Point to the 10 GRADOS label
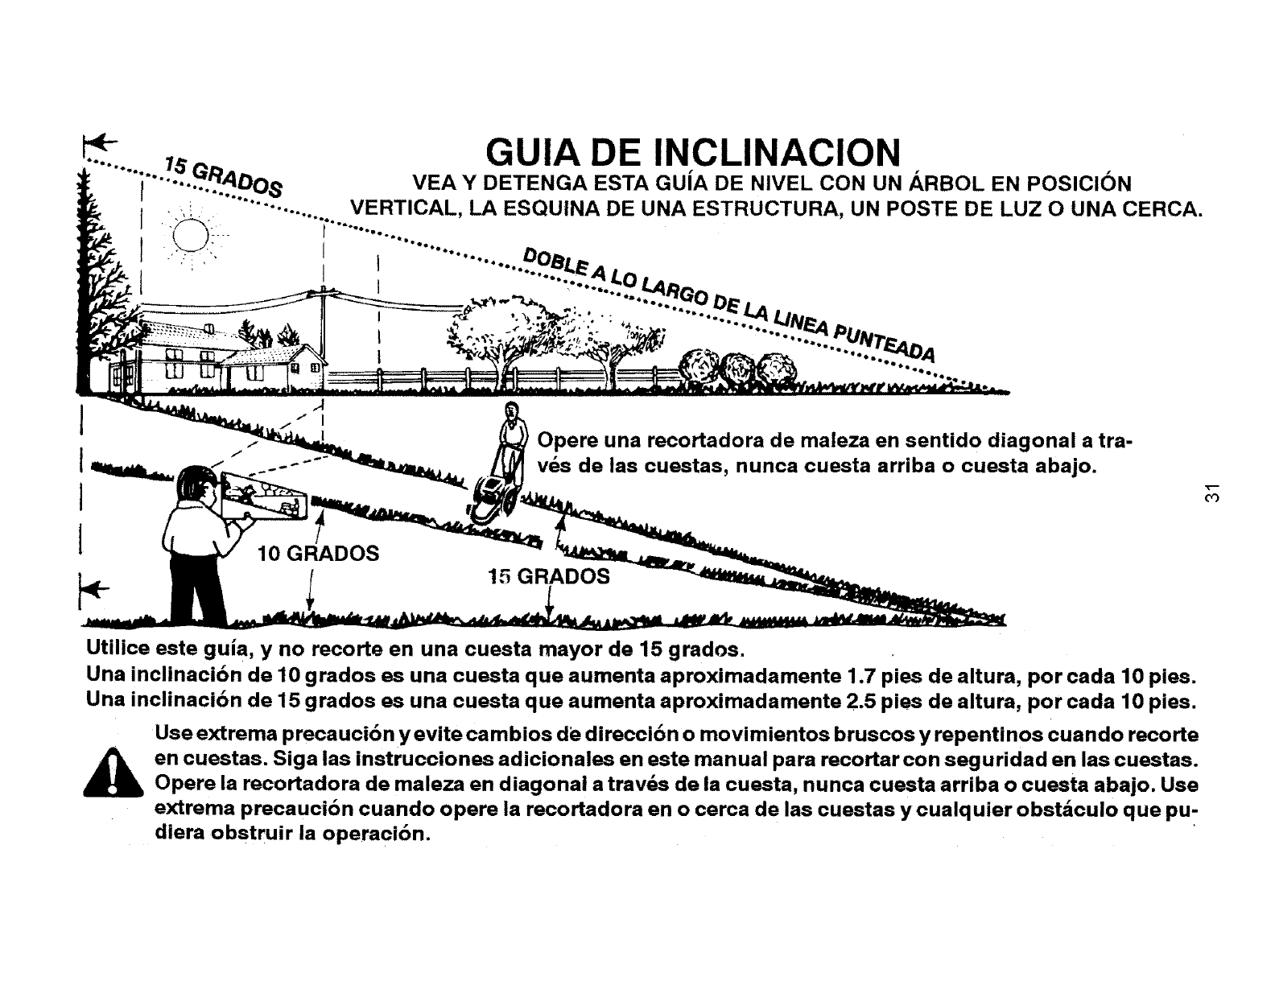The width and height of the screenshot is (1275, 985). pyautogui.click(x=318, y=554)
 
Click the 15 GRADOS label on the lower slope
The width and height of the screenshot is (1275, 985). pyautogui.click(x=549, y=576)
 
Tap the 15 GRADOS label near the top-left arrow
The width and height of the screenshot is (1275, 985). pyautogui.click(x=221, y=175)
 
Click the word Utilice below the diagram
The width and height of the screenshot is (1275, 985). pyautogui.click(x=118, y=649)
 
